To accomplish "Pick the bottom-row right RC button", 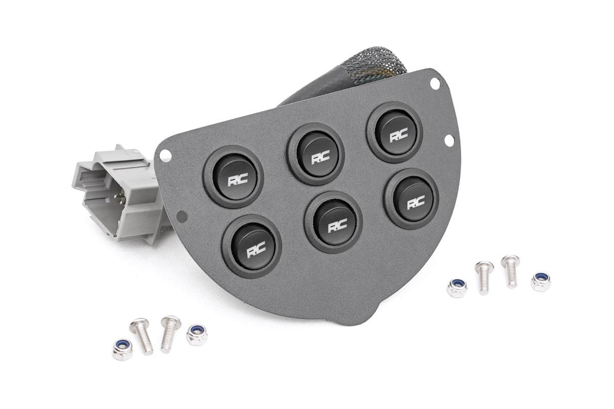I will (x=412, y=198).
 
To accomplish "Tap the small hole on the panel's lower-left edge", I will (x=180, y=217).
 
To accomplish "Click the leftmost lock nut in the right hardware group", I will (x=456, y=288).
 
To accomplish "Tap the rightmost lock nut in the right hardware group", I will (x=540, y=281).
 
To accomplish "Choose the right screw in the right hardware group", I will (x=510, y=270).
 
